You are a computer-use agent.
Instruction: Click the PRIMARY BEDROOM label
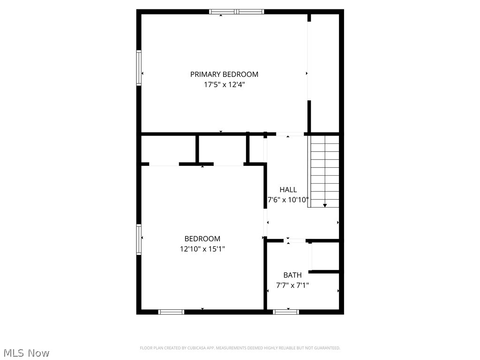[224, 74]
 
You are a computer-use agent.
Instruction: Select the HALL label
[288, 189]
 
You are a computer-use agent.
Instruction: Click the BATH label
[292, 275]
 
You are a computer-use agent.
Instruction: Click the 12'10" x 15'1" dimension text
[202, 249]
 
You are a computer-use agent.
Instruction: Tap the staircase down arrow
[325, 205]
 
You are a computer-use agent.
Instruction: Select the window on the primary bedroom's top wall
[237, 12]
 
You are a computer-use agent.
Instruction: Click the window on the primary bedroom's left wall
[139, 68]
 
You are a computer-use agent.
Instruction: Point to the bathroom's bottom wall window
[286, 311]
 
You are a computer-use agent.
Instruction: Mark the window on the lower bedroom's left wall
[139, 239]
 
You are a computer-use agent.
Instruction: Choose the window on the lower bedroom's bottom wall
[171, 311]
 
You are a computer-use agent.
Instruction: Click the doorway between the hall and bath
[296, 241]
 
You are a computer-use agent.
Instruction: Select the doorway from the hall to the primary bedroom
[289, 134]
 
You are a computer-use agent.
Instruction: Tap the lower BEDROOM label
[202, 239]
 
